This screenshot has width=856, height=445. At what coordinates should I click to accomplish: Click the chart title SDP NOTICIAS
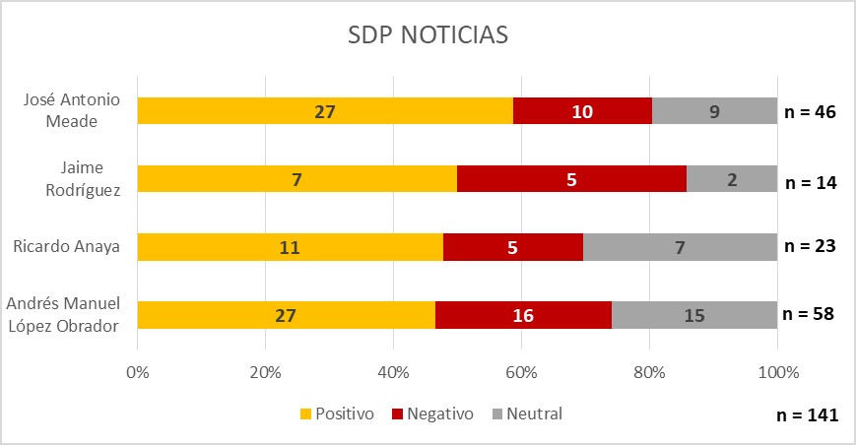(x=428, y=36)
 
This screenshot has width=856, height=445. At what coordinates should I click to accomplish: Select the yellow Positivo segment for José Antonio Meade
(x=325, y=111)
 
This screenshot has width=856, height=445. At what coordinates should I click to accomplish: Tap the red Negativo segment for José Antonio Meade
(x=582, y=111)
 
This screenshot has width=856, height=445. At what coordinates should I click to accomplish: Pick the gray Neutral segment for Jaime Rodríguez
(x=732, y=178)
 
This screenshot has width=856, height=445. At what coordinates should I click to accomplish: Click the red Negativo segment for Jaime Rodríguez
(x=571, y=178)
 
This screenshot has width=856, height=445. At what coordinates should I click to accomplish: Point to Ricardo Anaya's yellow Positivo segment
(x=290, y=246)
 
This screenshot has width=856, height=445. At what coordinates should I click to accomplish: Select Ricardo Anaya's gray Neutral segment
(x=680, y=246)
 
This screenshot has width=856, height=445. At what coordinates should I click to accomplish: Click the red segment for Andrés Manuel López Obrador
(x=523, y=314)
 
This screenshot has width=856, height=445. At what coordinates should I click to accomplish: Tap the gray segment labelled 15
(x=694, y=314)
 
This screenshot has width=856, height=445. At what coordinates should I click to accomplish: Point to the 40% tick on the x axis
(x=393, y=373)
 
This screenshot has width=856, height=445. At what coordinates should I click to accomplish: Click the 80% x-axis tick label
(x=649, y=373)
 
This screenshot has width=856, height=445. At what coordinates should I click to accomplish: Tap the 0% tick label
(x=138, y=373)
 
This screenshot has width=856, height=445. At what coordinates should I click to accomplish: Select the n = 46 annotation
(x=810, y=111)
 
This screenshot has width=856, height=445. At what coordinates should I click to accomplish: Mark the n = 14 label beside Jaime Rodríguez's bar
(x=810, y=181)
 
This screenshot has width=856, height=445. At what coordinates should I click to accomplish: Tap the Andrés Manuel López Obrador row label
(x=68, y=314)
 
